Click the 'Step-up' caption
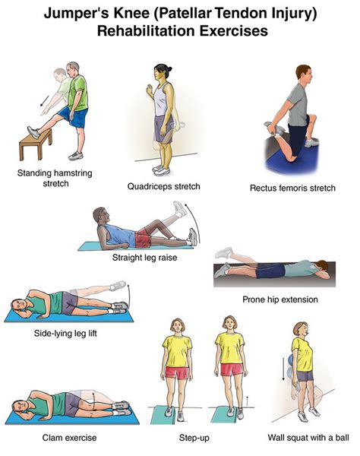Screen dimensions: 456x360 pos(204,438)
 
